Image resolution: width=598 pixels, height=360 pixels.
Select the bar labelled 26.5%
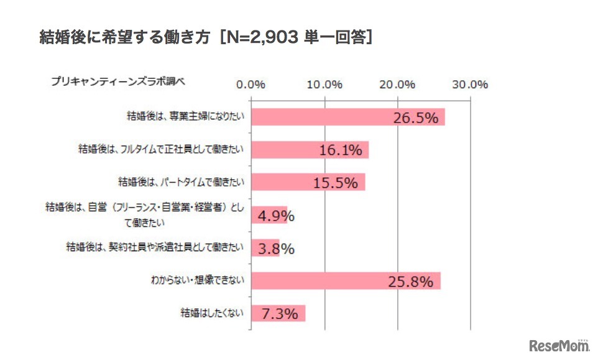tap(348, 117)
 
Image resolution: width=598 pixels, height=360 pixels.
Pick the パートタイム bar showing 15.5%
tap(308, 182)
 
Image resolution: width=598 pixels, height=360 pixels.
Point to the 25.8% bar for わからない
tap(346, 281)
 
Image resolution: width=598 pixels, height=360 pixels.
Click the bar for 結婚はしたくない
tap(278, 313)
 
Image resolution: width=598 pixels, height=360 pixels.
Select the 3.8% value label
tap(273, 249)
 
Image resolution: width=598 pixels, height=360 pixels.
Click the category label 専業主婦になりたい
tap(186, 116)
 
